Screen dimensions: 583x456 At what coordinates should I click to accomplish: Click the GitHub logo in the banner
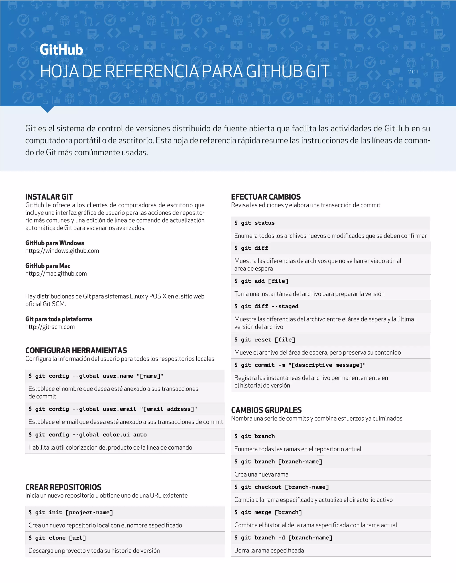[x=61, y=50]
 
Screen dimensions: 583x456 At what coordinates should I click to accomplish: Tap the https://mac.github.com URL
[x=56, y=274]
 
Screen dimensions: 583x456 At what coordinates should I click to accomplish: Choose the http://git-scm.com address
[x=50, y=327]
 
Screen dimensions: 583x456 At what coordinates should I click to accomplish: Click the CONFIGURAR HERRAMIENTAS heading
[x=76, y=350]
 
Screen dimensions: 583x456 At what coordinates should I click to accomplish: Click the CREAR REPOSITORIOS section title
[x=63, y=487]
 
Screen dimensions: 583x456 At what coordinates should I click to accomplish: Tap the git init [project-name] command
[x=71, y=513]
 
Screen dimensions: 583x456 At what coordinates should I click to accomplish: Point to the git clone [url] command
[x=57, y=538]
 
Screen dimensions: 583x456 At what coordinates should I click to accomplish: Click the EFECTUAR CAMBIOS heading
[x=266, y=197]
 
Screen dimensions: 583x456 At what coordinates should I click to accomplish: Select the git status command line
[x=254, y=223]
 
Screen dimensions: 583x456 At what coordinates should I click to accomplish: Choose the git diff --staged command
[x=266, y=306]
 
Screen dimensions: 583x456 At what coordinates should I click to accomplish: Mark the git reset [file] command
[x=265, y=340]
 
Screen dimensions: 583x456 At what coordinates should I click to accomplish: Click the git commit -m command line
[x=300, y=365]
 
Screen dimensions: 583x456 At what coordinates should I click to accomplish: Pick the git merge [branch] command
[x=268, y=512]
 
